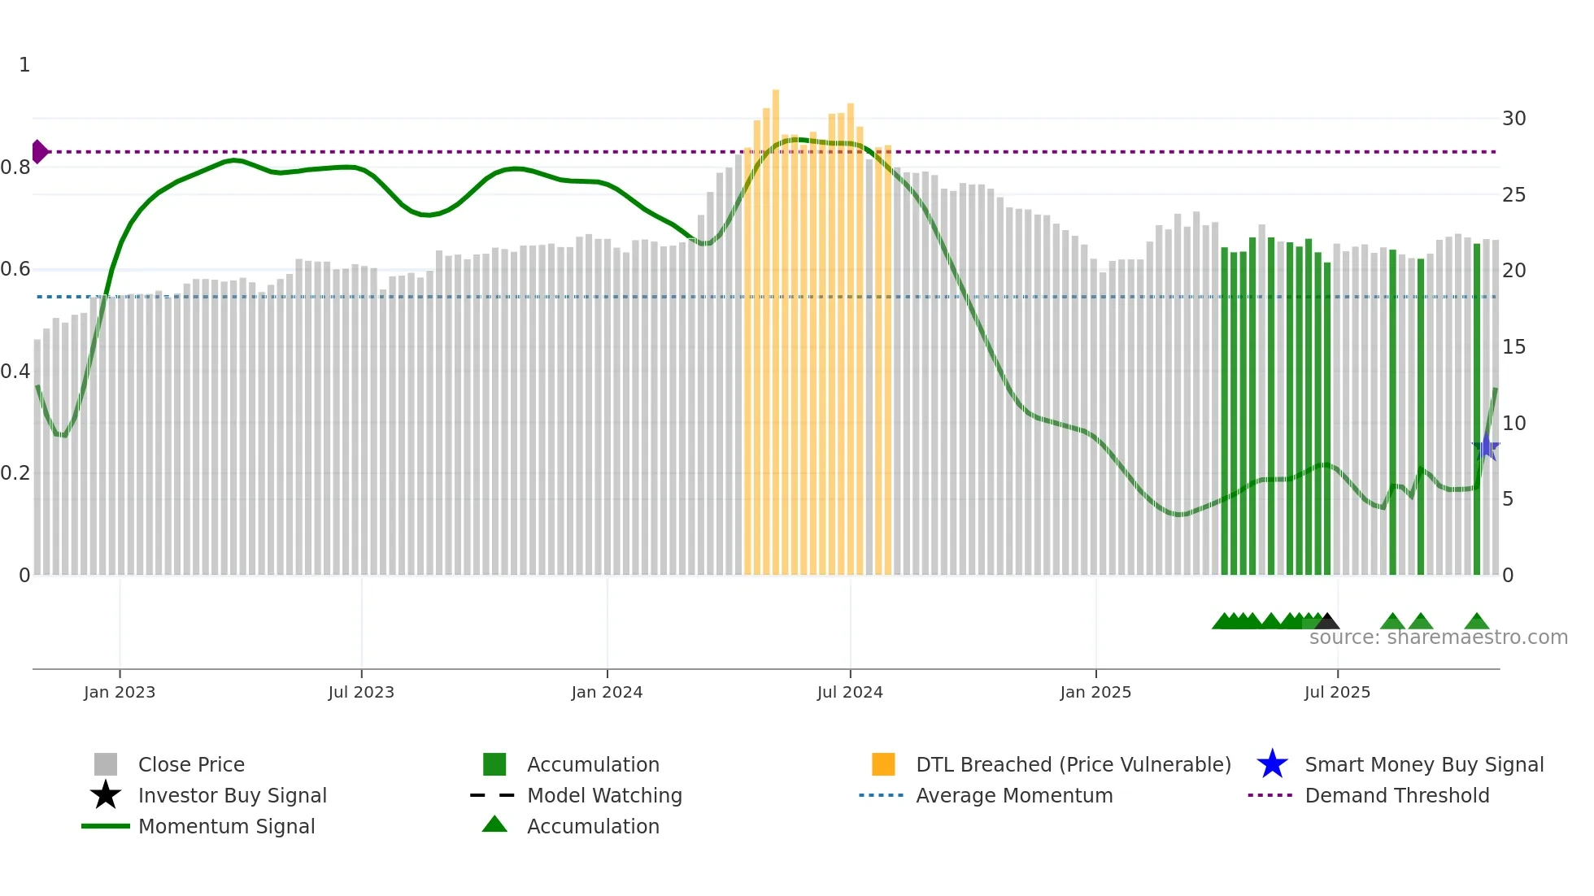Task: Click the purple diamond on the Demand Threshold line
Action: click(39, 152)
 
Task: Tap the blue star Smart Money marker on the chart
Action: click(1486, 447)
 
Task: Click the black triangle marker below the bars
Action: click(1327, 622)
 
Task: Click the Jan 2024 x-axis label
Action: click(607, 692)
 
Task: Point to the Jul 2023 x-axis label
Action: click(361, 692)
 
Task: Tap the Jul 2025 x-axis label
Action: click(1337, 692)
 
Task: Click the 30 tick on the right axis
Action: click(1513, 119)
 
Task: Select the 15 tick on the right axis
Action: click(1513, 347)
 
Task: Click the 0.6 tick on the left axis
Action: click(15, 269)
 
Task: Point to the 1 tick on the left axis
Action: click(24, 65)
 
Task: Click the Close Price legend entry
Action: click(191, 764)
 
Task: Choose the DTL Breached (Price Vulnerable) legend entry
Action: click(1073, 764)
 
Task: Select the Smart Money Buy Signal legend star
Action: click(1272, 764)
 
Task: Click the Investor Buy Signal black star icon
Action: click(106, 795)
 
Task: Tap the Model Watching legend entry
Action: click(604, 795)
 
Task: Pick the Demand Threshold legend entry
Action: click(1396, 795)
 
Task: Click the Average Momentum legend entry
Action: click(1013, 795)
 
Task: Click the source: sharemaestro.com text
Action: click(1438, 637)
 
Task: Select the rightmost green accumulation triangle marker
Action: click(1477, 622)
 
